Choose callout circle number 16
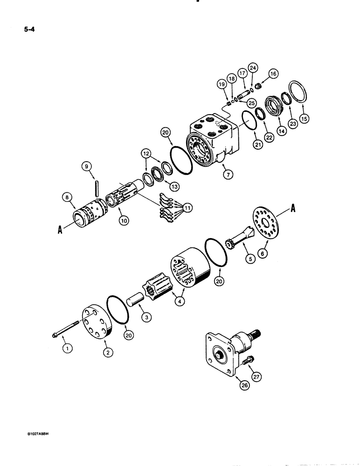[x=273, y=73]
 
